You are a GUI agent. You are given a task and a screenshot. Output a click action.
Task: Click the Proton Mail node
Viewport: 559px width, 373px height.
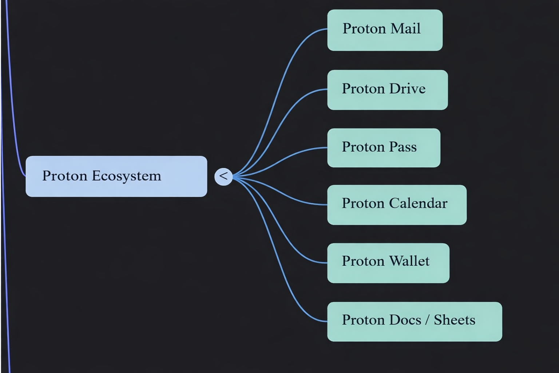pos(385,30)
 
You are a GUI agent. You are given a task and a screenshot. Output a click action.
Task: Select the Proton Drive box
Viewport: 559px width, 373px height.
pos(387,90)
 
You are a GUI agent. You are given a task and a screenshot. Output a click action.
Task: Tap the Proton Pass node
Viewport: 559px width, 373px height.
pos(384,148)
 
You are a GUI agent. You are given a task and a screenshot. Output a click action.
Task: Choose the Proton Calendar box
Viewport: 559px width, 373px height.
pos(397,205)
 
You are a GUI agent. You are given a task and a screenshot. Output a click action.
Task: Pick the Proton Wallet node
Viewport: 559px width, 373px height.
pos(388,263)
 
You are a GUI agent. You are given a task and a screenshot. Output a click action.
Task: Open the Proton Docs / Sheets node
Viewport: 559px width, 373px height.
pos(414,322)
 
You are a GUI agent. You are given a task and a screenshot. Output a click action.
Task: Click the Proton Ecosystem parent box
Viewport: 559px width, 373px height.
pos(116,176)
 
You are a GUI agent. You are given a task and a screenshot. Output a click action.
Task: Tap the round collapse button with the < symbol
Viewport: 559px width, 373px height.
pos(223,177)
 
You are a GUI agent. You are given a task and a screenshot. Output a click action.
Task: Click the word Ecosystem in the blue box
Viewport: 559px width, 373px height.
pos(126,176)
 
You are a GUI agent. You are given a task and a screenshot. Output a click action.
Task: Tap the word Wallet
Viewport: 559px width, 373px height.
pos(409,261)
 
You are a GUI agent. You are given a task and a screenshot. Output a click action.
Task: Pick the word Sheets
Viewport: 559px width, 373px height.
pos(454,320)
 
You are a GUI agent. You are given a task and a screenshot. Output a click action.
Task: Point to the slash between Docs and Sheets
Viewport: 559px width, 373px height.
pos(427,320)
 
